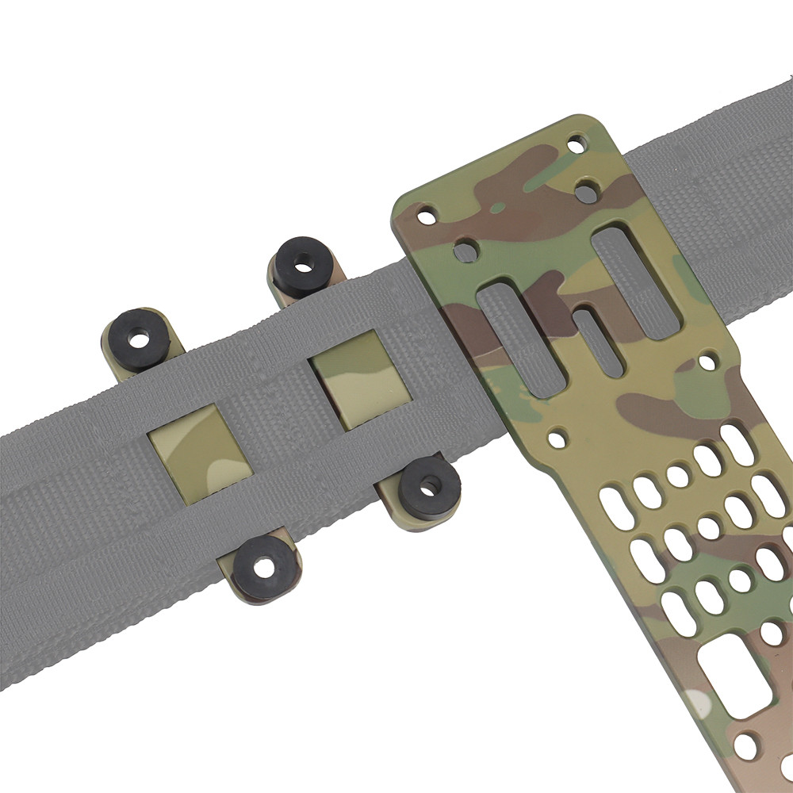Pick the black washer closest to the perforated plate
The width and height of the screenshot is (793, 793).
(x=429, y=486)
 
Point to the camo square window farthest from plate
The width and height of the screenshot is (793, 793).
(x=189, y=445)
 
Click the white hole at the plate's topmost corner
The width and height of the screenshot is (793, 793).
(x=578, y=145)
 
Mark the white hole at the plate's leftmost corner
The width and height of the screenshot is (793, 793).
(x=427, y=215)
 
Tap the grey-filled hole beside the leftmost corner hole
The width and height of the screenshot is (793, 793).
(x=465, y=251)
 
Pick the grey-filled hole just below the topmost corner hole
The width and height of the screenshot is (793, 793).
(x=588, y=190)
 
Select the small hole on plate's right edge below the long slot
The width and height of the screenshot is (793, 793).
(x=705, y=363)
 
